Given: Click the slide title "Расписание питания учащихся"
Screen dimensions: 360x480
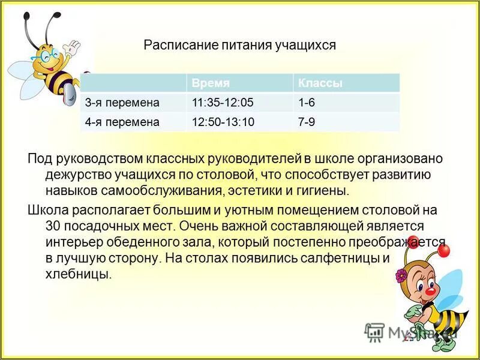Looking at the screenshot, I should [239, 45].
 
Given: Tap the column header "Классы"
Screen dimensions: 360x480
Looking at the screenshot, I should [320, 83].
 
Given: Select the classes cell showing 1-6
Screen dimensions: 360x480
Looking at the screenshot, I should [307, 102].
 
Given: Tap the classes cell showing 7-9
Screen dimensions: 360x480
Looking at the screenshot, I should [307, 122].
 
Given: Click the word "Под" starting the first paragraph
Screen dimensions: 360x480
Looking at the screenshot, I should [40, 159].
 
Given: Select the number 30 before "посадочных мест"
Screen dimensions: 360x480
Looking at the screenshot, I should [53, 226].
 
